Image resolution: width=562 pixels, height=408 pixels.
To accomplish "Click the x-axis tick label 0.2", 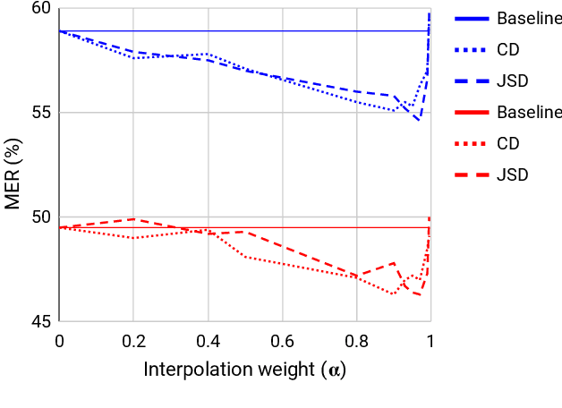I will tap(133, 341).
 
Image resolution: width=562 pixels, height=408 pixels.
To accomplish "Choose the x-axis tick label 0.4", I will tap(208, 341).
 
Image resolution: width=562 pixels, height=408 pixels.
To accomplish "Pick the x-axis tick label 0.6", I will tap(282, 341).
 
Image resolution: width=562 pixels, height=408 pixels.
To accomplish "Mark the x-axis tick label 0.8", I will tap(356, 341).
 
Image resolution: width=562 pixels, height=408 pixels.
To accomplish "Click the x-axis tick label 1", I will tap(430, 341).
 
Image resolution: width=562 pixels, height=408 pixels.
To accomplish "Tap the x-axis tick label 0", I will tap(59, 341).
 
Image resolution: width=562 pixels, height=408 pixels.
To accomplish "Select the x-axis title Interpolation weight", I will tap(244, 370).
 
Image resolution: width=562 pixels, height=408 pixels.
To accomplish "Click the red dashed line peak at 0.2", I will tap(133, 218).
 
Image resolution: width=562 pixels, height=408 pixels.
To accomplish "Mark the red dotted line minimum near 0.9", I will tap(393, 293).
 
